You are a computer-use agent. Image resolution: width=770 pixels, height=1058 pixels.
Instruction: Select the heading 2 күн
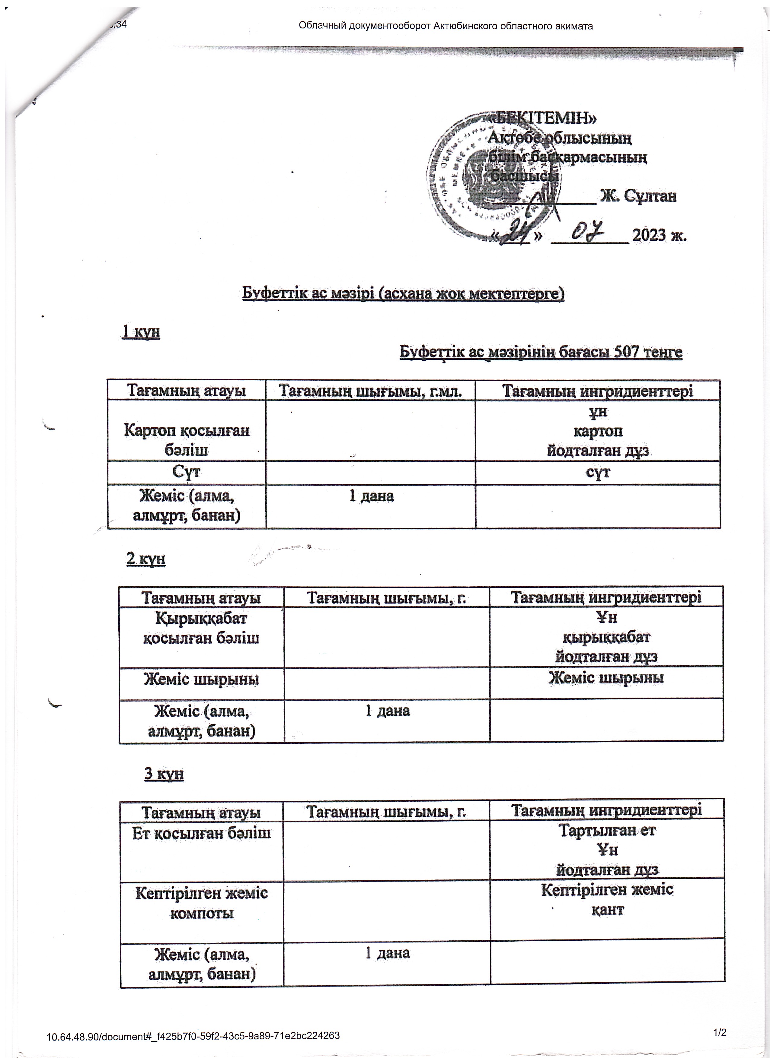tap(146, 559)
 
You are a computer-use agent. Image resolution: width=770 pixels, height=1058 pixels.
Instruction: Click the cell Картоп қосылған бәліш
tap(187, 439)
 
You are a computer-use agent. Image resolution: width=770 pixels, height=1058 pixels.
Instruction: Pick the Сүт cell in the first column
tap(187, 472)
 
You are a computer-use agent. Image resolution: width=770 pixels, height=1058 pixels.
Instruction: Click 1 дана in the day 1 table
tap(372, 496)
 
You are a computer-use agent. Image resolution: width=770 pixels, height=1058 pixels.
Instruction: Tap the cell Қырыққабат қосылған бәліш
tap(201, 628)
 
